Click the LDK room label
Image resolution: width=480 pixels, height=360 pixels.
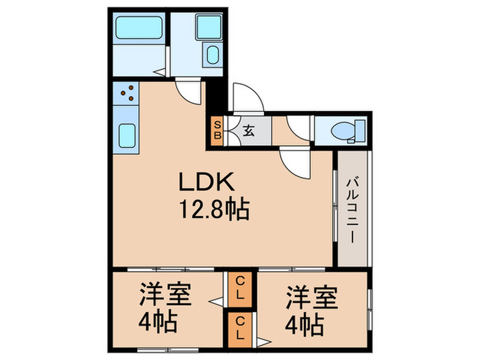pos(207,182)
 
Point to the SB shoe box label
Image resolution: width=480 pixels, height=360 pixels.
pos(217,130)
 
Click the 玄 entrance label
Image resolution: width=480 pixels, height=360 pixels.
pos(248,131)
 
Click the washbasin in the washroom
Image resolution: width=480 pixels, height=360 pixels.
pos(211,55)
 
